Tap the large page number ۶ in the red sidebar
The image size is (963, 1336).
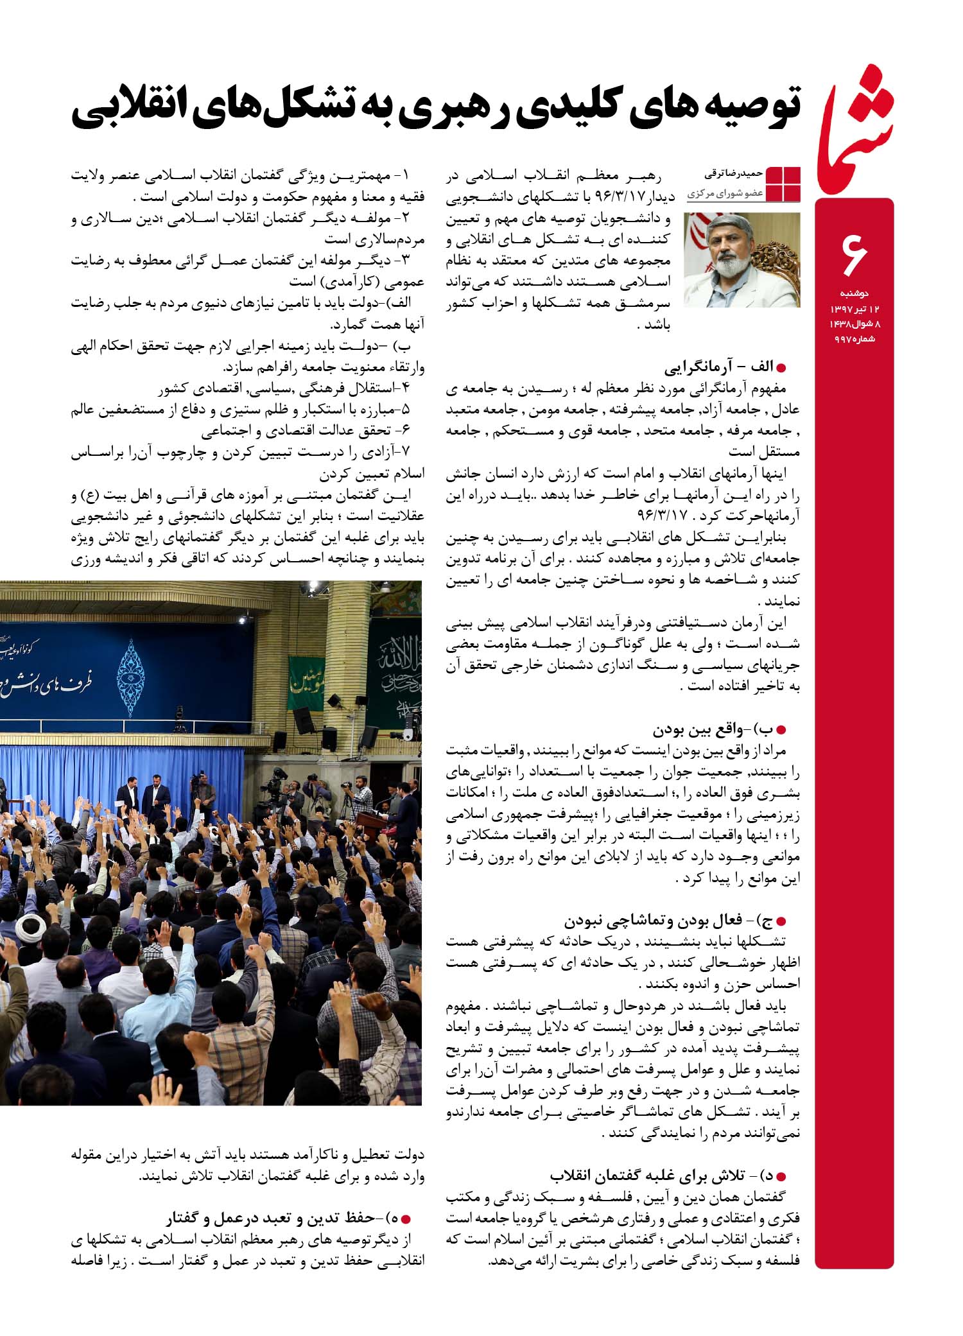(854, 254)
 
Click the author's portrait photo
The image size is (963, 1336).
(742, 260)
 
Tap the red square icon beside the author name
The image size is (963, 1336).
(783, 184)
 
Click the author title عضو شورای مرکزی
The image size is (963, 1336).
(725, 193)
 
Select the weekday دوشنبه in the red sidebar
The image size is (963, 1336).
(854, 293)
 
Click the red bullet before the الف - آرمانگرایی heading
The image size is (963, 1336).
(781, 369)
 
